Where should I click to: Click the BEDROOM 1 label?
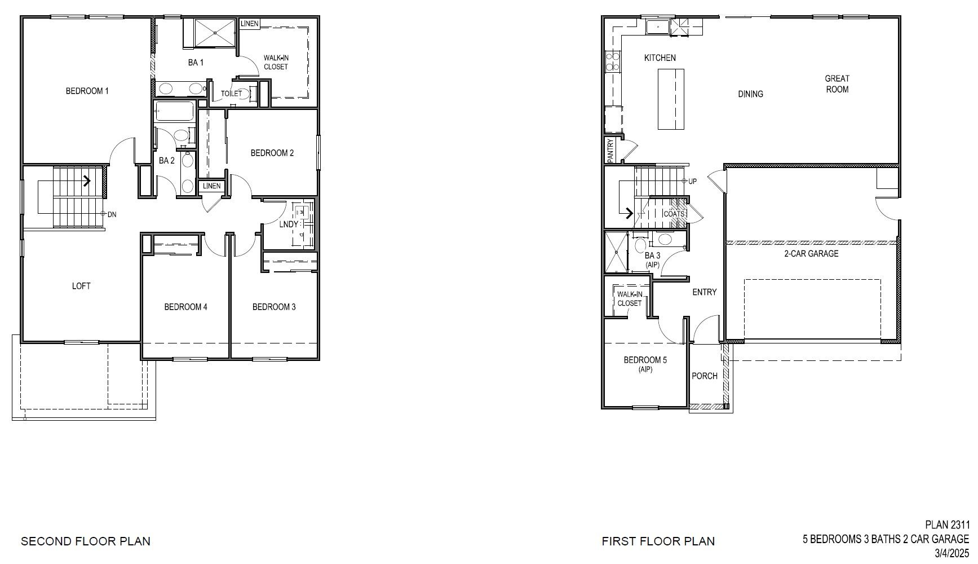[87, 91]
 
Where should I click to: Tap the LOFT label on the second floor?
[81, 286]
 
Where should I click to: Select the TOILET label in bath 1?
[231, 94]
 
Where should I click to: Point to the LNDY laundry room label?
[289, 224]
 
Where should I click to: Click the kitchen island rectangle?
[671, 99]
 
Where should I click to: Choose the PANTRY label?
[610, 151]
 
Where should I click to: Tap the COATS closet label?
[674, 214]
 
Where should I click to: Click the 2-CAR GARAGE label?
[811, 254]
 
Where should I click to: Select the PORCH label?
[705, 376]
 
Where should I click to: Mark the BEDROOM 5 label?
[645, 360]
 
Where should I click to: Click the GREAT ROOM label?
[837, 83]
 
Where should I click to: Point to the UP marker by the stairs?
[692, 181]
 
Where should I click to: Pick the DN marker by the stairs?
[112, 214]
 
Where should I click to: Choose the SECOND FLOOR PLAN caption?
[86, 541]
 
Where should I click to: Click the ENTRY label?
[704, 292]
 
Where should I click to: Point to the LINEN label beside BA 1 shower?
[250, 24]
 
